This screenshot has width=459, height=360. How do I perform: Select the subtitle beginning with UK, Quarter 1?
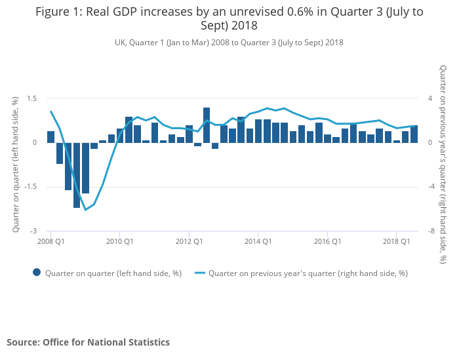(229, 43)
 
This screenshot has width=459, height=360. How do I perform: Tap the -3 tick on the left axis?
(33, 231)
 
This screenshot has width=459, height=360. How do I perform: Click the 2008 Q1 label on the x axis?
(50, 241)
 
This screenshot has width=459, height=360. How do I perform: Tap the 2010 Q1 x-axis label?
(119, 241)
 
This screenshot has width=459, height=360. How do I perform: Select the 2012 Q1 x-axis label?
(189, 241)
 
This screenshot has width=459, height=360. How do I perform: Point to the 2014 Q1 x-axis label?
(258, 241)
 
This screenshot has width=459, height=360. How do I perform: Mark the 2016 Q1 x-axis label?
(327, 241)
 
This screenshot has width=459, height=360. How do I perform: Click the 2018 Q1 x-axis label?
(396, 241)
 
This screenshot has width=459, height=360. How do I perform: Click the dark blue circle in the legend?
(37, 273)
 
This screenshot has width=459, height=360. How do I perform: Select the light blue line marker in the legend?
(199, 273)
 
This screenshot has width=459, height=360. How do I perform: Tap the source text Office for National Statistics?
(88, 342)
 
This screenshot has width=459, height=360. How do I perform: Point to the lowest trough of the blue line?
(85, 210)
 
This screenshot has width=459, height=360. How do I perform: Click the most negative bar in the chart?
(77, 175)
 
